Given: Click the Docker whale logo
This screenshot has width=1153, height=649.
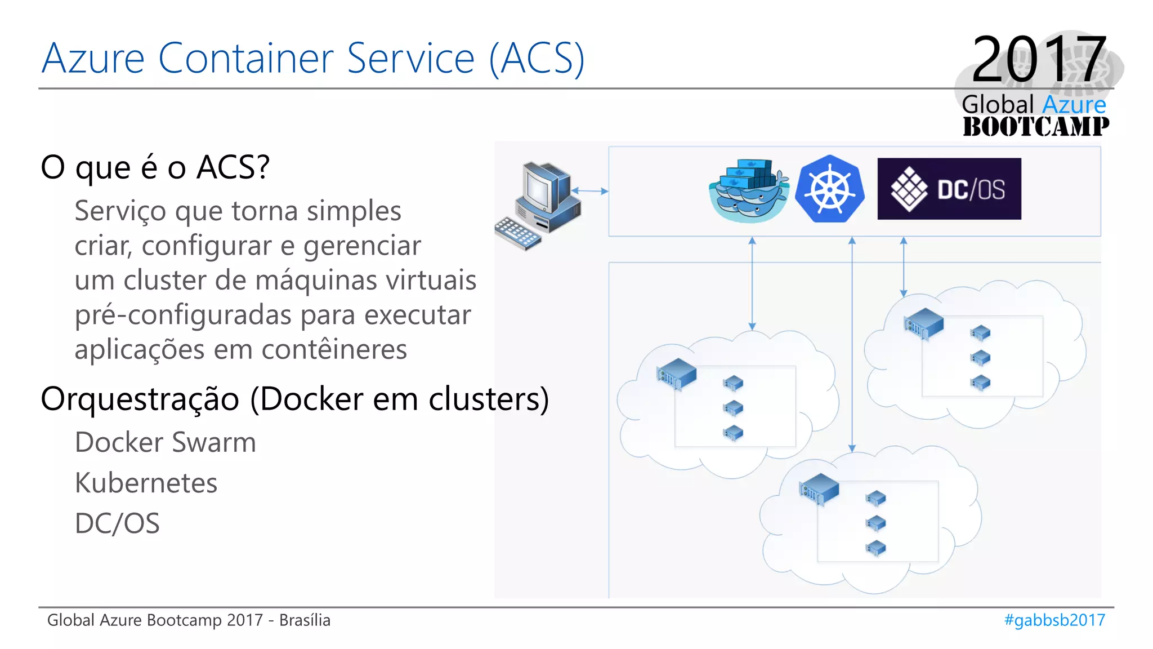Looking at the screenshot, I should tap(748, 190).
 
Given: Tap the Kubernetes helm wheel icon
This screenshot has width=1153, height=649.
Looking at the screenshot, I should tap(829, 189).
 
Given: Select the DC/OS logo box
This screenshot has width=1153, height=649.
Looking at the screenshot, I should tap(949, 189).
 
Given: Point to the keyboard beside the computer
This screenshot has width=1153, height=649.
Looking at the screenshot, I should tap(517, 233).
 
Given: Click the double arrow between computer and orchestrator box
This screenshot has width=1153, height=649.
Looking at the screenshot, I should tap(590, 191).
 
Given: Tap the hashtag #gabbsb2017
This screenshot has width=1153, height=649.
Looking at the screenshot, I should tap(1054, 620).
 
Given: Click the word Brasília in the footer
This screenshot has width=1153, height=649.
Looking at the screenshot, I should tap(305, 620).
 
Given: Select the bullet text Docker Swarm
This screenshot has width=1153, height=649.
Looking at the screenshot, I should tap(166, 442).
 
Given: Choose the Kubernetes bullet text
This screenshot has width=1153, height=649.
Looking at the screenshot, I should tap(146, 483).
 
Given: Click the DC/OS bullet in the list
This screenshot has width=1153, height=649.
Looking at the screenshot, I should tap(117, 523).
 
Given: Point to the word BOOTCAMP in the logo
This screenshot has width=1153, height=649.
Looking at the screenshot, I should tap(1035, 126).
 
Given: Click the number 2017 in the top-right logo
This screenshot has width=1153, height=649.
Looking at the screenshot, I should tap(1039, 59).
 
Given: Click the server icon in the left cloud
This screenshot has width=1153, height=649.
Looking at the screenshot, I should tap(677, 373).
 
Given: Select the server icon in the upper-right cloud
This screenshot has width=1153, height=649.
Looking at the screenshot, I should tap(923, 323).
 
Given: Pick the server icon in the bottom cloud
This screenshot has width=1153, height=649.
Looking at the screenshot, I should tap(819, 488).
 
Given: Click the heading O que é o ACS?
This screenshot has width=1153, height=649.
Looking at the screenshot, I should tap(155, 167).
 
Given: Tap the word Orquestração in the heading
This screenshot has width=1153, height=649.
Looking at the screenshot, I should tap(140, 399).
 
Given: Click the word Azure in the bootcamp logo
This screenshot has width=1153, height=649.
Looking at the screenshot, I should tap(1074, 105).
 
